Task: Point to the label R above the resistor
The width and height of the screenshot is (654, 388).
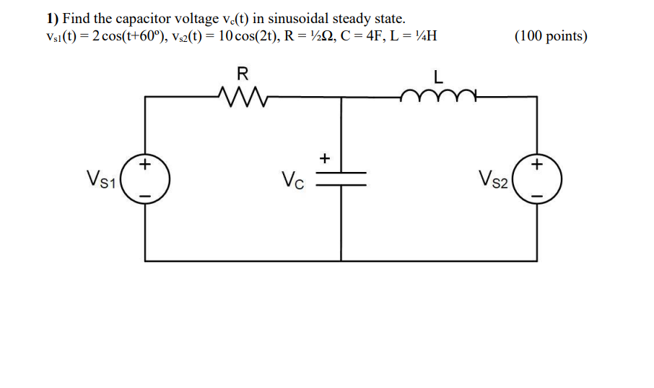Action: tap(242, 73)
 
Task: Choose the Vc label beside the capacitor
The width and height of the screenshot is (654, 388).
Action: tap(293, 179)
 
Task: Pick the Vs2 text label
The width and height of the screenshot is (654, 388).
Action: tap(494, 178)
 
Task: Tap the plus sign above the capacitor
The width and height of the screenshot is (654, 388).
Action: tap(325, 156)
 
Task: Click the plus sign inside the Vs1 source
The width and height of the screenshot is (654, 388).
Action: tap(145, 165)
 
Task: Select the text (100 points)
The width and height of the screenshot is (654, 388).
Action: tap(551, 36)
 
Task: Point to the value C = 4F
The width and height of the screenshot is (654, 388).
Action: tap(372, 36)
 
